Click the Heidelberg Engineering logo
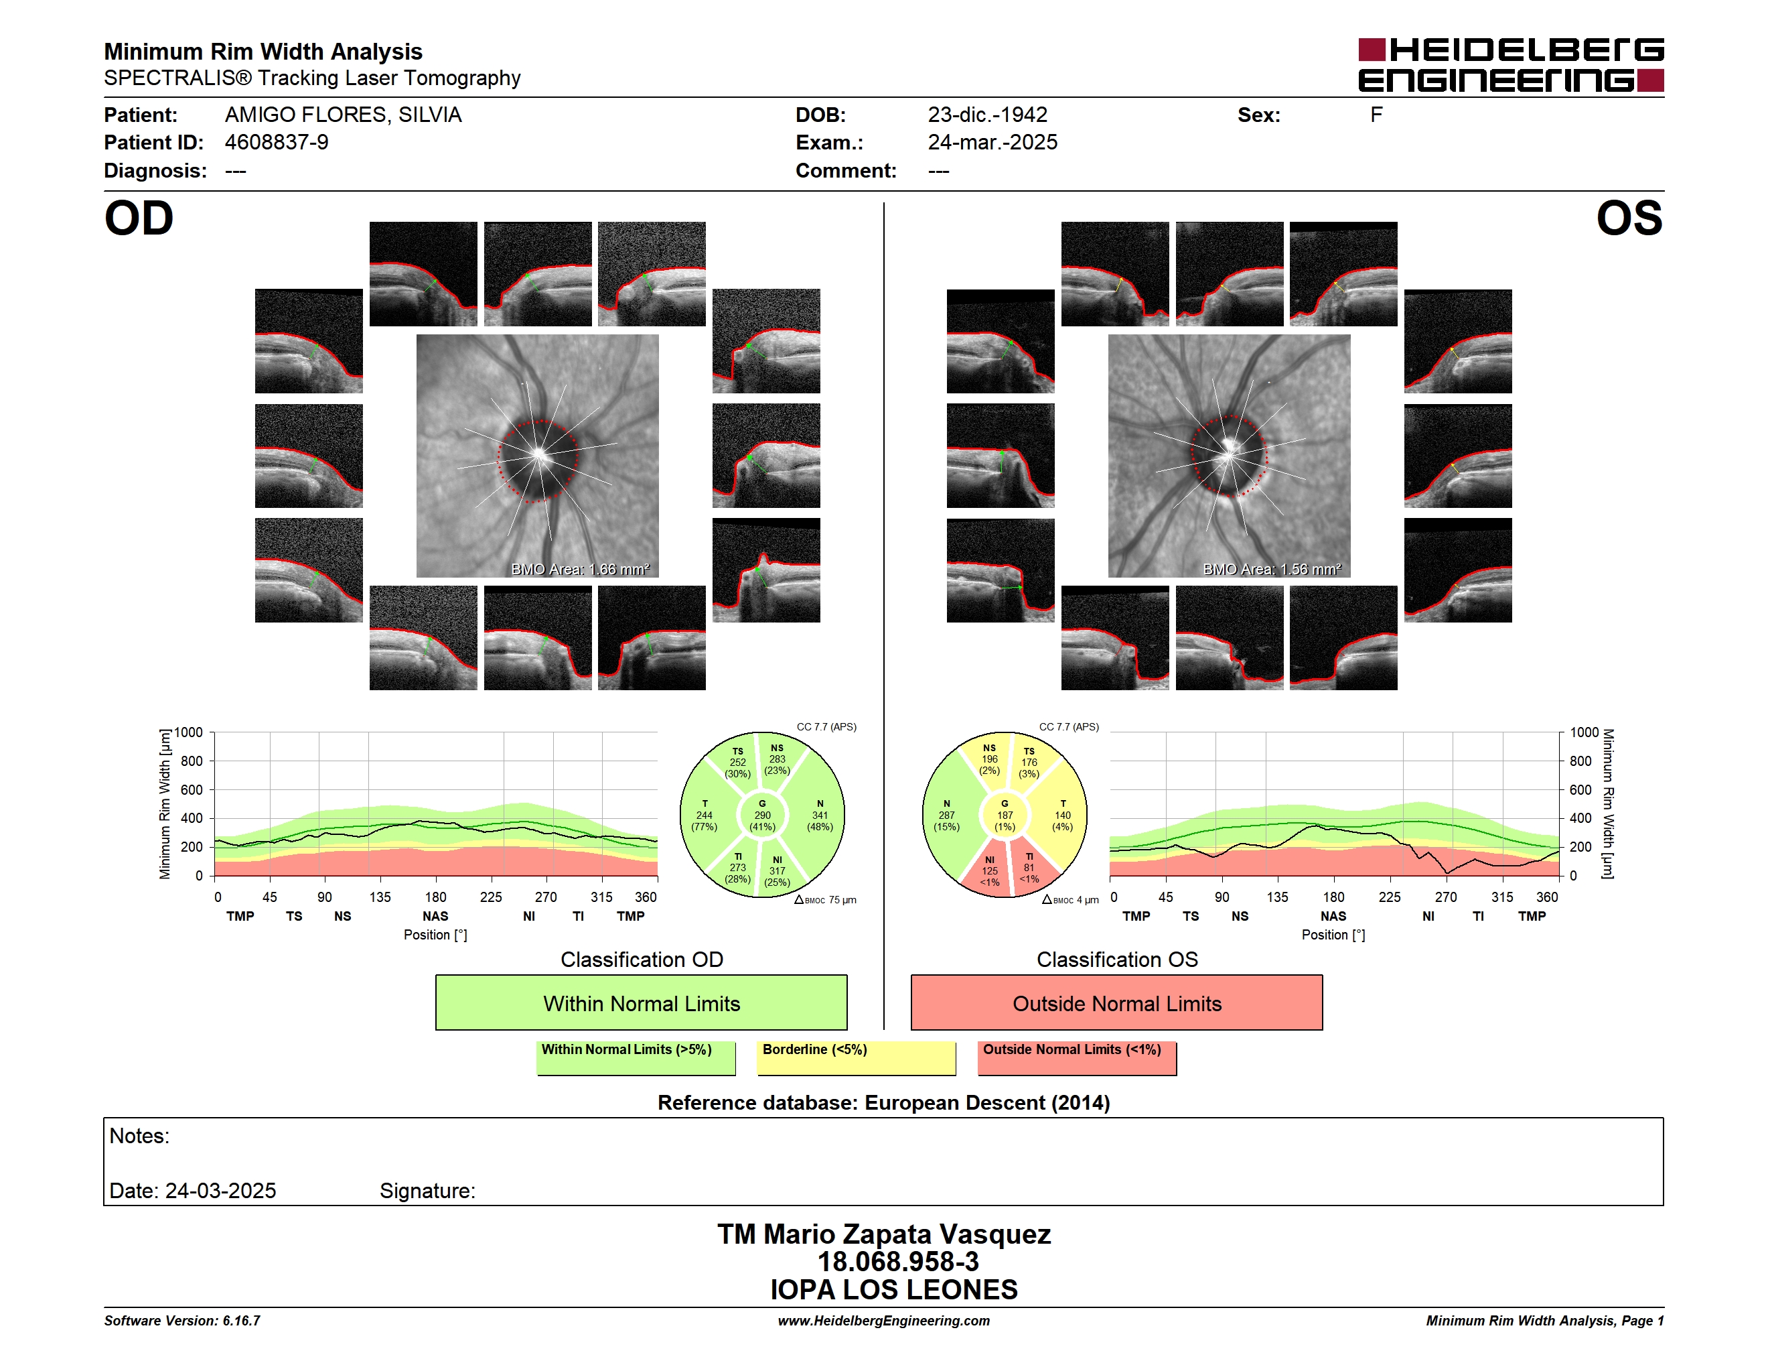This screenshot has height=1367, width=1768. click(1511, 65)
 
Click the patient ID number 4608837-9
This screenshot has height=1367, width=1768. click(276, 143)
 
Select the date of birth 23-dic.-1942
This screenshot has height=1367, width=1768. click(987, 115)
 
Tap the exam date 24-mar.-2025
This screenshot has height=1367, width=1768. click(992, 143)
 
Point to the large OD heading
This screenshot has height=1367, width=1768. click(139, 218)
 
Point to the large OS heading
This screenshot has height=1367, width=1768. click(1629, 218)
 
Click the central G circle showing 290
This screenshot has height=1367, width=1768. click(761, 815)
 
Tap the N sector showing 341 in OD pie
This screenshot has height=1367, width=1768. click(819, 815)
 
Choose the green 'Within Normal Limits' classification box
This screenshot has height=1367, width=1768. click(641, 1002)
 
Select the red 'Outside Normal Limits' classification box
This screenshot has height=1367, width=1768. click(1116, 1002)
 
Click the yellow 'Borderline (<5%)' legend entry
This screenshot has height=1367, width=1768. click(856, 1057)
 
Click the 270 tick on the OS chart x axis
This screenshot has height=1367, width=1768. click(1446, 897)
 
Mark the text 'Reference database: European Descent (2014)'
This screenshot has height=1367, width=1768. click(883, 1102)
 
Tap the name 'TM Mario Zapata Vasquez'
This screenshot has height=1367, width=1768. click(884, 1234)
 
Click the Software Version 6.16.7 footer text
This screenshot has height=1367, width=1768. click(182, 1320)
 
